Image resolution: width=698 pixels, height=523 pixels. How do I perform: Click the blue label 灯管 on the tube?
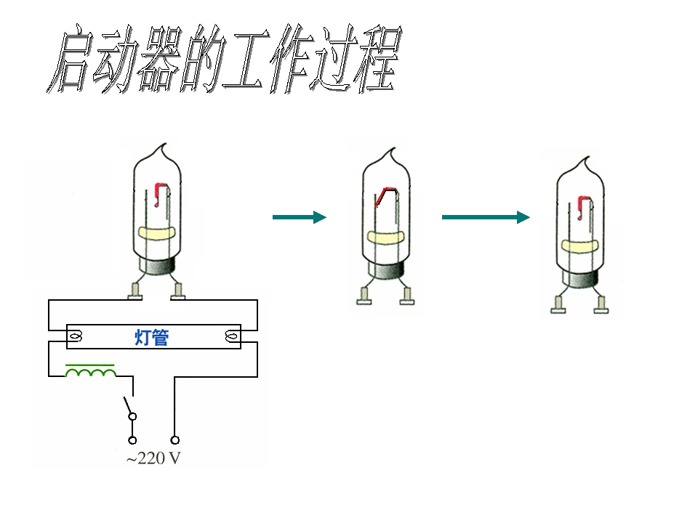click(152, 338)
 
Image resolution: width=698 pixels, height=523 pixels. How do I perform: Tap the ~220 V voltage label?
click(153, 458)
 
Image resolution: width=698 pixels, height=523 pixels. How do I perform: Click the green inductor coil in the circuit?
click(91, 371)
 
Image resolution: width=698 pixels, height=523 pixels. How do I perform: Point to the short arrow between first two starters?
click(300, 217)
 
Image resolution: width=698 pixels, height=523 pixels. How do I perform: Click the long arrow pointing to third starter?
click(486, 217)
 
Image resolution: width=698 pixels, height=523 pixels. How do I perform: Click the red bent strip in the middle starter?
click(385, 196)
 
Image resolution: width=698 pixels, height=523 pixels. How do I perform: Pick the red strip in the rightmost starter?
click(583, 208)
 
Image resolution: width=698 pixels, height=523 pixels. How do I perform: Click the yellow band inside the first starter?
click(157, 233)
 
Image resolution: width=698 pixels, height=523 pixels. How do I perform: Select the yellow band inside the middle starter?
click(386, 238)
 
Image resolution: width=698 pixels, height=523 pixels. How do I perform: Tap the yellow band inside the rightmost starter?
click(580, 246)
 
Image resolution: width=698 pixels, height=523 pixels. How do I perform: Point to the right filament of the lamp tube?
click(231, 337)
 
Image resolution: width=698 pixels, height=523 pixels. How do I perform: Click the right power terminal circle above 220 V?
click(175, 440)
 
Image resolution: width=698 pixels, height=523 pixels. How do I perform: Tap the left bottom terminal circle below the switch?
click(132, 440)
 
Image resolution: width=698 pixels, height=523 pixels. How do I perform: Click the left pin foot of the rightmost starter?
click(558, 304)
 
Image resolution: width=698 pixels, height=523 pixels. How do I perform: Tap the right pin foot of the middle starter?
click(407, 296)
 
